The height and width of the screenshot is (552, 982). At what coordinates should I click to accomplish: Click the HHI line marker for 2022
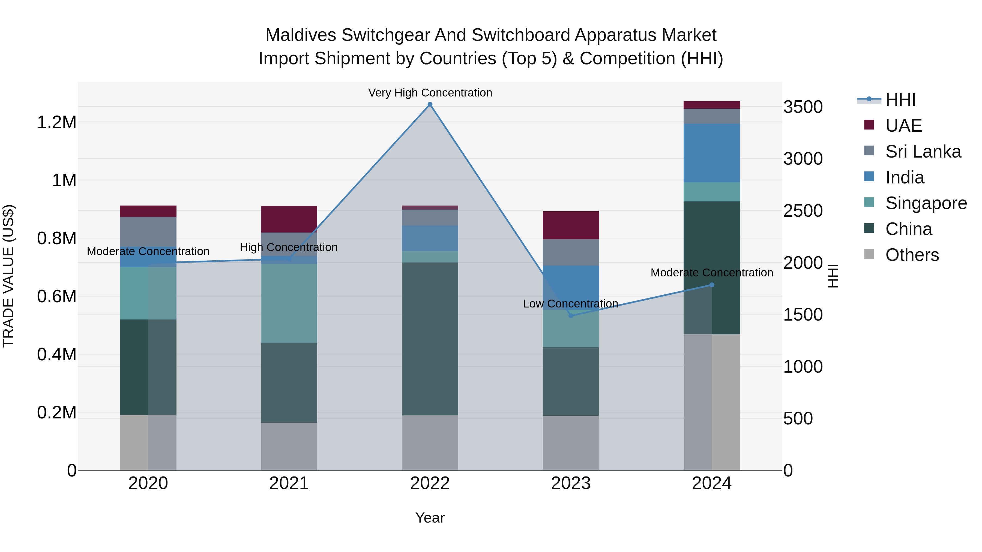(430, 104)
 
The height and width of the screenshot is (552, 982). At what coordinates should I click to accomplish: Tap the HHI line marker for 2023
(571, 316)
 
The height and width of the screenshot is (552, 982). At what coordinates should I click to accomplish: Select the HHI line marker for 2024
(711, 285)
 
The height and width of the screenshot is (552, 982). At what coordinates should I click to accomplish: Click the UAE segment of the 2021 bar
(289, 219)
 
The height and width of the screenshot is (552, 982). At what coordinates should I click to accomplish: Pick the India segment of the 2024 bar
(711, 153)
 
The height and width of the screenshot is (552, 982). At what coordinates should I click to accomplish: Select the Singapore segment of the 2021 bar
(289, 304)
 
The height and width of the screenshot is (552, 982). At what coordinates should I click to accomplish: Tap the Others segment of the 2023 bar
(571, 443)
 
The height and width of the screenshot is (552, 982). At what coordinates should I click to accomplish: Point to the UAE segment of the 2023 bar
(571, 225)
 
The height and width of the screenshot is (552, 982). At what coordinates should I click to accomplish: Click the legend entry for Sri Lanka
(923, 152)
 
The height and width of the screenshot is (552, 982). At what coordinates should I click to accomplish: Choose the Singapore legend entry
(926, 203)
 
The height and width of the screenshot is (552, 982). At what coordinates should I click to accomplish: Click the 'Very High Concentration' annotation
(430, 93)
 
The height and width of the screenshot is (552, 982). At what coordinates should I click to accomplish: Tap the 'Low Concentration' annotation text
(570, 304)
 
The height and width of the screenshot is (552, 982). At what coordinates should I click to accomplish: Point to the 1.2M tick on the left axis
(56, 123)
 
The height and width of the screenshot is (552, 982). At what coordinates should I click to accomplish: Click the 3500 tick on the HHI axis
(803, 107)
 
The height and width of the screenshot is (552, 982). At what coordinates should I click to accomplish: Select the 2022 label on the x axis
(430, 483)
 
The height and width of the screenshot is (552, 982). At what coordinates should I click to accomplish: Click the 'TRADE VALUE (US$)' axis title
(8, 276)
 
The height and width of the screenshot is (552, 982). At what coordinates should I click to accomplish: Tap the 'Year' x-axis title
(430, 518)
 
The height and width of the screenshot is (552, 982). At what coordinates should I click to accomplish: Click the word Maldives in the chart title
(301, 35)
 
